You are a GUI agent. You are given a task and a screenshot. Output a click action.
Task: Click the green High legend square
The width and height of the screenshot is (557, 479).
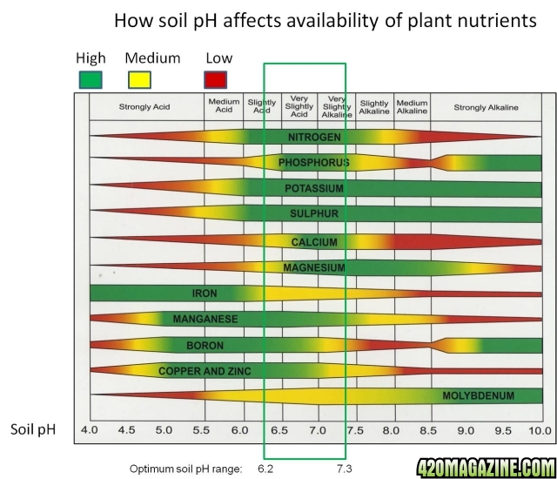tap(90, 79)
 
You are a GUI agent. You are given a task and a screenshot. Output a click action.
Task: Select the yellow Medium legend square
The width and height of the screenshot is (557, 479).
tap(139, 79)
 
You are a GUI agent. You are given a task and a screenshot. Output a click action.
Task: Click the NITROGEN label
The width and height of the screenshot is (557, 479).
tap(314, 138)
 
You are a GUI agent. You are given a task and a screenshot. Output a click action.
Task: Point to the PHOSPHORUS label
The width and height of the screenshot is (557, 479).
tap(313, 163)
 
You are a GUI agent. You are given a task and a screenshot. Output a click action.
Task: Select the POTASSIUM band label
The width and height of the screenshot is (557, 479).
tap(314, 188)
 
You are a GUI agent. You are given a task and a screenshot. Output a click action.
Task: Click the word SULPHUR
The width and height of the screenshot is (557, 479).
tap(313, 213)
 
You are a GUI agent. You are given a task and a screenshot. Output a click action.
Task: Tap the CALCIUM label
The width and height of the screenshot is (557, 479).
tap(314, 242)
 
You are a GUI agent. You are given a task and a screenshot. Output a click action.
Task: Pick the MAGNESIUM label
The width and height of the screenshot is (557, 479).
tap(314, 267)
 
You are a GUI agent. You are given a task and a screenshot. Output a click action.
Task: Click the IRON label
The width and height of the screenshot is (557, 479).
tap(205, 293)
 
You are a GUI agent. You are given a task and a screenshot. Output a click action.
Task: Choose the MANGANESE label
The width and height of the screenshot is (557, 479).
tap(205, 320)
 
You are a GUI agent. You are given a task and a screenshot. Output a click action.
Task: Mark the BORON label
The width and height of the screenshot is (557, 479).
tap(205, 346)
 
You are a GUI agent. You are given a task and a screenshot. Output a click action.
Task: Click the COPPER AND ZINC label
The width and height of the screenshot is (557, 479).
tap(205, 371)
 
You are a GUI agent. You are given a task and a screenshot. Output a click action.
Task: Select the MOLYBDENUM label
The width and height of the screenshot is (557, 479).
tap(478, 396)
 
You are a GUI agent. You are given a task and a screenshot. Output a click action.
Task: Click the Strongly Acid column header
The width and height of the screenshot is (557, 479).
tap(144, 108)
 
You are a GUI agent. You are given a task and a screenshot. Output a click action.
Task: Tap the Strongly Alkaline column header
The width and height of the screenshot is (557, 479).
tap(486, 108)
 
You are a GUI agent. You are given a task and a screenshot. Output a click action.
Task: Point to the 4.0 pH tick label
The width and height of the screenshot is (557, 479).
tap(90, 430)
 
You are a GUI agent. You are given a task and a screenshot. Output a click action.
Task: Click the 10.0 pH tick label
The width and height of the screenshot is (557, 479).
tap(539, 430)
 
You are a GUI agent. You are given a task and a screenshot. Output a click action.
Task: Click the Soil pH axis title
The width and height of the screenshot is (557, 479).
tap(33, 429)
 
